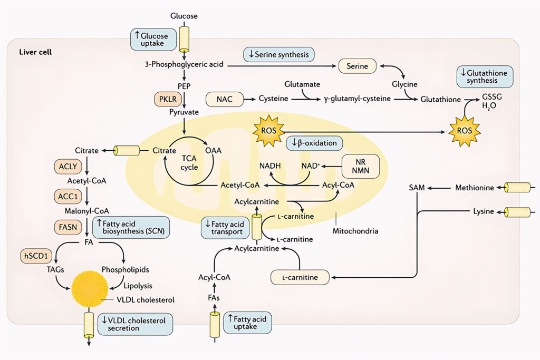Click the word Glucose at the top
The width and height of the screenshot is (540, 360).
(x=184, y=16)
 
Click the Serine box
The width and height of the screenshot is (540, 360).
(x=357, y=66)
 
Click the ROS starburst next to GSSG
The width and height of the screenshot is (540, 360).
(x=464, y=130)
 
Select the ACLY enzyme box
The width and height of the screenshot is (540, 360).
(x=67, y=167)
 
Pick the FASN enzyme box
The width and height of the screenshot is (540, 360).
(x=67, y=228)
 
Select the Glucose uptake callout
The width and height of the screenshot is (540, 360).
(x=152, y=40)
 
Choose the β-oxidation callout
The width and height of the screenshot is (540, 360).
(x=314, y=143)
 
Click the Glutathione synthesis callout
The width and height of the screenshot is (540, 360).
(x=485, y=77)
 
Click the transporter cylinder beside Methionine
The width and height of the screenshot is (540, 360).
(x=517, y=188)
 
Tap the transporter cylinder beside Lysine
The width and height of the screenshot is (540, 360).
(x=517, y=212)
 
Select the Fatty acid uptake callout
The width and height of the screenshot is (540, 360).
(x=247, y=322)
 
